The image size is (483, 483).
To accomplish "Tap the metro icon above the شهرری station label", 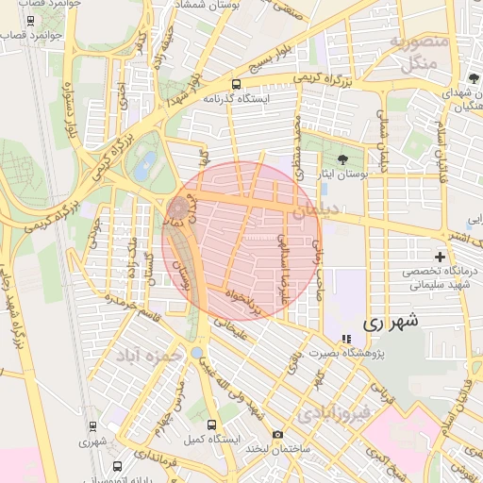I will (91, 426).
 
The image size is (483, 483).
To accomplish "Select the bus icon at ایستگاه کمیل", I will (211, 425).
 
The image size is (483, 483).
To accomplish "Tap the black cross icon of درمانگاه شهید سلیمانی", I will (440, 257).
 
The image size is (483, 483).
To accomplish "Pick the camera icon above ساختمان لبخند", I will (276, 434).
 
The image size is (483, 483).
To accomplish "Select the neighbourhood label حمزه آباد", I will (145, 358).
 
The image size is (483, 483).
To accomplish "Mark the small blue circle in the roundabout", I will (195, 353).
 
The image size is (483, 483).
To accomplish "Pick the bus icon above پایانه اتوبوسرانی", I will (117, 465).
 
